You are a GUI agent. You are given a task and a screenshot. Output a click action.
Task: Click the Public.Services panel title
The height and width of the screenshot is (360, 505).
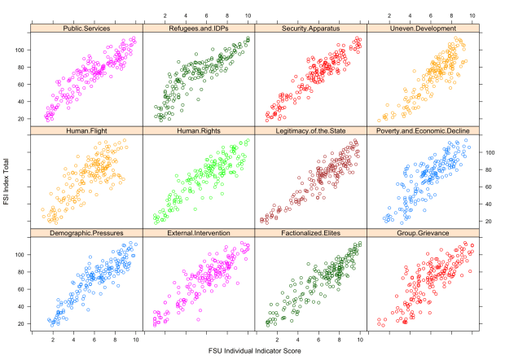[86, 29]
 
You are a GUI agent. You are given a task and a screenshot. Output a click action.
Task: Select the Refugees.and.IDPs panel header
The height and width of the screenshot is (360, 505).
[198, 29]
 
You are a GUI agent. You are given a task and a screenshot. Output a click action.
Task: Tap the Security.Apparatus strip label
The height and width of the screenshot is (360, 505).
[310, 29]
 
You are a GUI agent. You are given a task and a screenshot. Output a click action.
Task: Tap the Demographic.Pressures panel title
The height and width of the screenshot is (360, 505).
[86, 233]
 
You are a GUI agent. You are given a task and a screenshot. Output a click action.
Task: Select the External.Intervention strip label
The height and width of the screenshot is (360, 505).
[198, 233]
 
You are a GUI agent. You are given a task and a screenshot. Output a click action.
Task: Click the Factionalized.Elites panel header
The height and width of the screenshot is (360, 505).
[310, 233]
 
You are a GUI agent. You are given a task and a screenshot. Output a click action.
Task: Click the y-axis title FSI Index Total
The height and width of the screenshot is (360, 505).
[7, 181]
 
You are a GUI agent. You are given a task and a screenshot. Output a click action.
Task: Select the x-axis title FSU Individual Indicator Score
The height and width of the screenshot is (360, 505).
[254, 353]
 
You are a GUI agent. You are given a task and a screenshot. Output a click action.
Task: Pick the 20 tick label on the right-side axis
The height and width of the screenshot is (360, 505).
[490, 222]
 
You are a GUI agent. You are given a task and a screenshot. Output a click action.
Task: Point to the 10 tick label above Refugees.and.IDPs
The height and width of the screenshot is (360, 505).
[247, 15]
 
